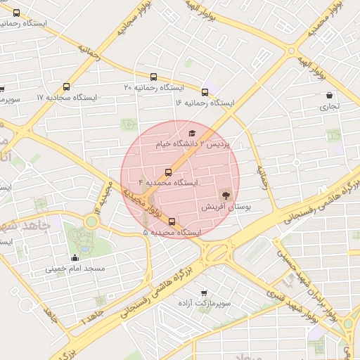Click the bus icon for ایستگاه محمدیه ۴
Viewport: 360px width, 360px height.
pos(168,172)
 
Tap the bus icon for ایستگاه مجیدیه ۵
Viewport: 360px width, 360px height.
pos(172,222)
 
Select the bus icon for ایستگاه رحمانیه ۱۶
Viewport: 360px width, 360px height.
pos(205,92)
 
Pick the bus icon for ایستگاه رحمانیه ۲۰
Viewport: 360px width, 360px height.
pos(153,77)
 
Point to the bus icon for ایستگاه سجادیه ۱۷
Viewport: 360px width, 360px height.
pos(66,87)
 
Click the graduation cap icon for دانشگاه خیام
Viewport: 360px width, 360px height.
pos(191,133)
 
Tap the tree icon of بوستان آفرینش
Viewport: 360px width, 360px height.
pos(226,195)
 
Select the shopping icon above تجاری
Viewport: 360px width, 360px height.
pos(329,96)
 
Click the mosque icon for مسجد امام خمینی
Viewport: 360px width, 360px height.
pos(75,257)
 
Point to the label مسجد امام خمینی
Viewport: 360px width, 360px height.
pos(75,269)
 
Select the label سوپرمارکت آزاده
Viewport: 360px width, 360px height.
pos(205,304)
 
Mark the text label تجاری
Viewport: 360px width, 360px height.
pos(329,107)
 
